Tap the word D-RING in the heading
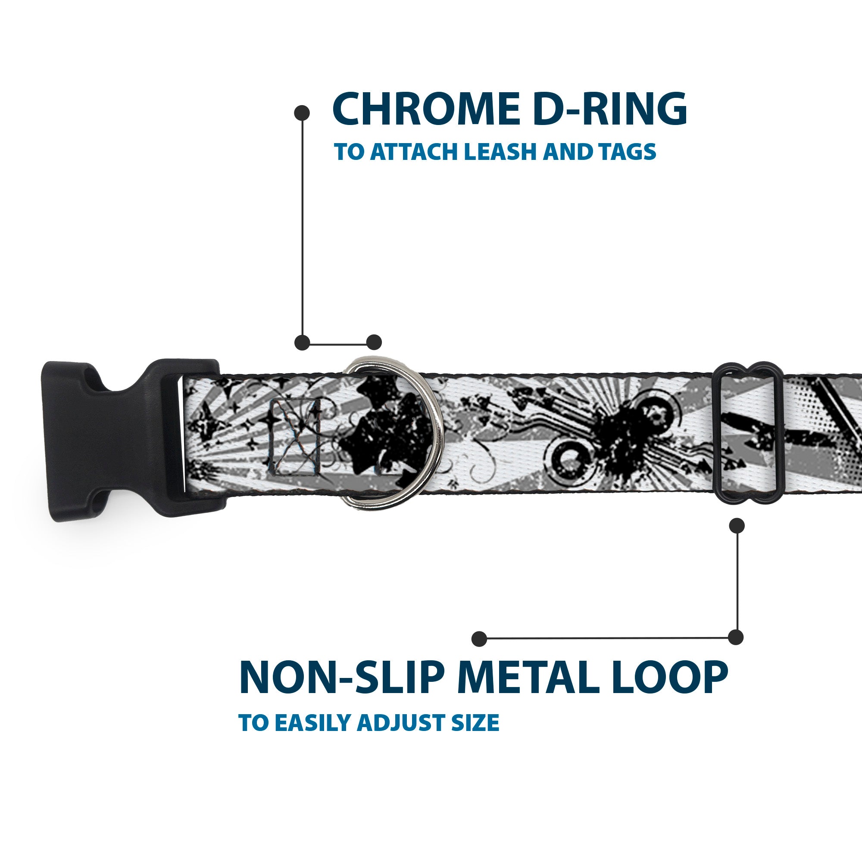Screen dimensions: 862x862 point(609,109)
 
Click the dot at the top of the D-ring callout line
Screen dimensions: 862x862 point(303,112)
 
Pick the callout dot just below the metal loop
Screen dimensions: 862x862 point(737,525)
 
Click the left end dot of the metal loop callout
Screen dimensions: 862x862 point(479,638)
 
